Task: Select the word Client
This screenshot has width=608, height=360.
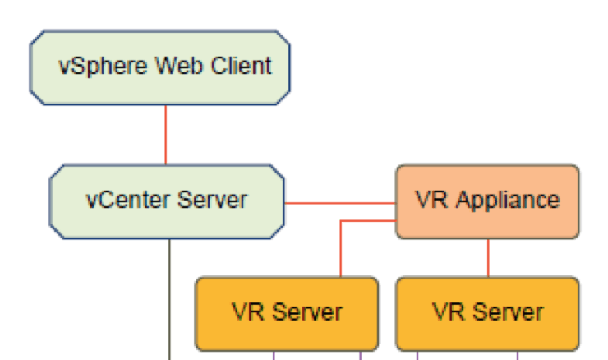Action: [x=242, y=67]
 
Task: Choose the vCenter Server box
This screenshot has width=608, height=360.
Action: [x=167, y=201]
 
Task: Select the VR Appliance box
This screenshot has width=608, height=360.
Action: [x=487, y=201]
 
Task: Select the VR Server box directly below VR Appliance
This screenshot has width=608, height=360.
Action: [x=487, y=313]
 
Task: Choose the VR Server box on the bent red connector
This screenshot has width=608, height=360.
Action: [x=286, y=313]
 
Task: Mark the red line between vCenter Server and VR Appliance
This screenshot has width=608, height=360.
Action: [x=340, y=202]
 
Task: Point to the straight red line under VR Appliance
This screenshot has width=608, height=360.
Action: [x=488, y=257]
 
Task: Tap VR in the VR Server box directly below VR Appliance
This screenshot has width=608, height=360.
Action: [x=447, y=312]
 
